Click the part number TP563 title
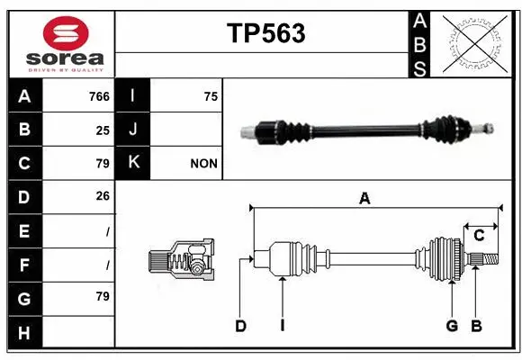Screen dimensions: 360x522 click(x=265, y=34)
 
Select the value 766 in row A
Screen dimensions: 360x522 click(x=99, y=96)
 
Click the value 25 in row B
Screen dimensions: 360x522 click(x=103, y=130)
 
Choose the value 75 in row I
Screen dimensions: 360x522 click(x=211, y=96)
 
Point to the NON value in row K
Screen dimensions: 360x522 click(x=204, y=164)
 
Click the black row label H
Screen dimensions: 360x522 click(x=24, y=333)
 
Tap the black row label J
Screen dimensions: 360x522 click(x=132, y=130)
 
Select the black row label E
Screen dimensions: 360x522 click(x=24, y=231)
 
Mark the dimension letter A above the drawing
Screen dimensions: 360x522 click(x=364, y=199)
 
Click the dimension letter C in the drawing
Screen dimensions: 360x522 click(x=479, y=235)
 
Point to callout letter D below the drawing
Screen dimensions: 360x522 click(x=240, y=327)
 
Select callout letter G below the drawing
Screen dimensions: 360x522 click(x=452, y=327)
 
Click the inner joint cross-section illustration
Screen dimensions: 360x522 click(x=182, y=261)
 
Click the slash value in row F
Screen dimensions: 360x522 click(x=107, y=265)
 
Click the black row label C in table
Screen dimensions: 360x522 click(x=24, y=164)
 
